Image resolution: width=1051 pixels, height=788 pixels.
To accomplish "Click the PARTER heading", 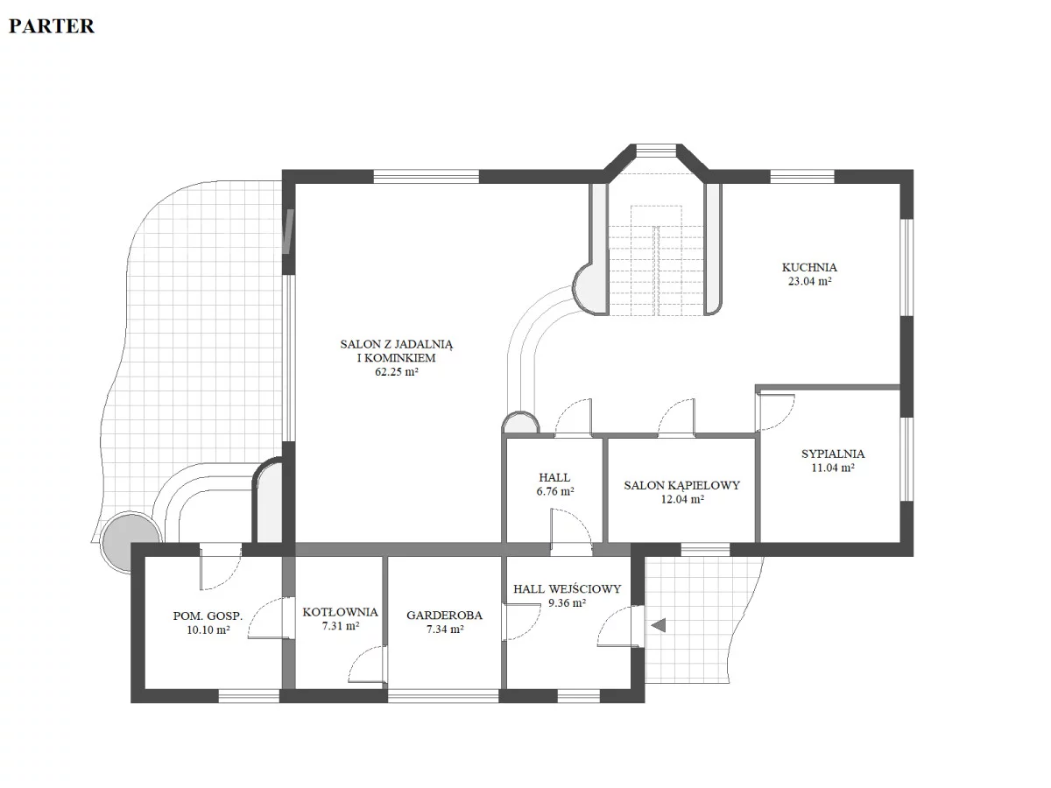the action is tap(52, 26).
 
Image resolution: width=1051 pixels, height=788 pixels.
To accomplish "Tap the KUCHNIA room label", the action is tap(809, 267).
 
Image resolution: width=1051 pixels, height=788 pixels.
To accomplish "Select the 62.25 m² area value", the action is tap(397, 372).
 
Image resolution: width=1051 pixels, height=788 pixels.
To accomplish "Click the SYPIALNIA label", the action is tap(833, 454).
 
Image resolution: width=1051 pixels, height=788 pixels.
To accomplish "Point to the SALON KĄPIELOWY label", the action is tap(681, 485).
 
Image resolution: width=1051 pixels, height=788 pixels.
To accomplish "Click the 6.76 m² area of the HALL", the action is tap(555, 491).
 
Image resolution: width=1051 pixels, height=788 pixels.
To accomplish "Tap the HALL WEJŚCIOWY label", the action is tap(568, 589).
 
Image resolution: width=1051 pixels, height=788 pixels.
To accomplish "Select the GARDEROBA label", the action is tap(444, 616).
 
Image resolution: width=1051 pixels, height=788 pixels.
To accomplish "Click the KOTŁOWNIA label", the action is tap(341, 612).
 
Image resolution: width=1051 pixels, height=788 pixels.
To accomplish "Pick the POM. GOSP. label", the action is tap(208, 616).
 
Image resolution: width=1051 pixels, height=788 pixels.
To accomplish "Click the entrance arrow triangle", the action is tap(659, 625).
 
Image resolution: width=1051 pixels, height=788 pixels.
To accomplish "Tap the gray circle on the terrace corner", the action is tap(131, 541).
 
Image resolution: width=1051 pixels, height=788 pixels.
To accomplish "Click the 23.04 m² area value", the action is tap(809, 281).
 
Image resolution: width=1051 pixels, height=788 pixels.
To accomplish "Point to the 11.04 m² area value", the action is tap(833, 468).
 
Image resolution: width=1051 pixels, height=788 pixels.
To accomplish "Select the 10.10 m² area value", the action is tap(208, 630).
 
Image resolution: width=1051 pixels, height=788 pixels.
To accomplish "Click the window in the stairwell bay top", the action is tap(656, 151).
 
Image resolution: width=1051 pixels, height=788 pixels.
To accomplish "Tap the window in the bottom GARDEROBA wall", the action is tap(443, 696).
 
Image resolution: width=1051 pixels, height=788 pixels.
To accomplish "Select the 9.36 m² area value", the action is tap(568, 603).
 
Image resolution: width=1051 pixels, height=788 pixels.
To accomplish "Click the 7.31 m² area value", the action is tap(341, 626).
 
